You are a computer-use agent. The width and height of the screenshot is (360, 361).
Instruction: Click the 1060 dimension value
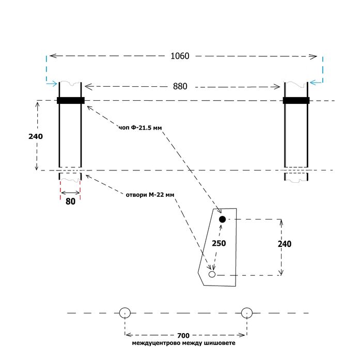180,56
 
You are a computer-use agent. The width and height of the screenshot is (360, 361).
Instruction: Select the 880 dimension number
180,86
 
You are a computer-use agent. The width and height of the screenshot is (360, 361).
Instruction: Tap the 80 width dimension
70,201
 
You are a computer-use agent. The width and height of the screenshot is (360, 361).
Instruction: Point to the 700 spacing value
183,336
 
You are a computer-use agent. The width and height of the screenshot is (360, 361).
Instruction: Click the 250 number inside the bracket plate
218,243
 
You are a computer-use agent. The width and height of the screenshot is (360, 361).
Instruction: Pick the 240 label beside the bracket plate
285,244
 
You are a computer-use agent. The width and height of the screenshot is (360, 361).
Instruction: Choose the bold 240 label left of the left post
36,136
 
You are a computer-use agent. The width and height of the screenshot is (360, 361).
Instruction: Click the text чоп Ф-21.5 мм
140,128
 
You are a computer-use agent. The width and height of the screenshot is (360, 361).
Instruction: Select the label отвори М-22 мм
150,195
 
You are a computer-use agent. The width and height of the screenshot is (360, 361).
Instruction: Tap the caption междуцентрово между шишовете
183,343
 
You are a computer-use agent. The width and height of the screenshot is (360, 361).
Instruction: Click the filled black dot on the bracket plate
222,219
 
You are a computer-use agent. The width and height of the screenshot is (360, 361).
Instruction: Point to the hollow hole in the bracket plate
212,274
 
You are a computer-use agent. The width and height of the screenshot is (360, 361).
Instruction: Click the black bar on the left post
71,101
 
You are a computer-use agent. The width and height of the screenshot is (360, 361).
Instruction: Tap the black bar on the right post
296,101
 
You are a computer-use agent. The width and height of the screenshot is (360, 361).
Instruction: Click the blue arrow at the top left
52,84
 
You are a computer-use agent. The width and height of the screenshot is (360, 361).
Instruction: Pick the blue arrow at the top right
316,82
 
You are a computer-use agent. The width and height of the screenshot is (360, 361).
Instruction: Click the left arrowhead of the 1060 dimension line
53,56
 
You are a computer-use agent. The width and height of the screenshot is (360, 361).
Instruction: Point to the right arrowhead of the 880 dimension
276,87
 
